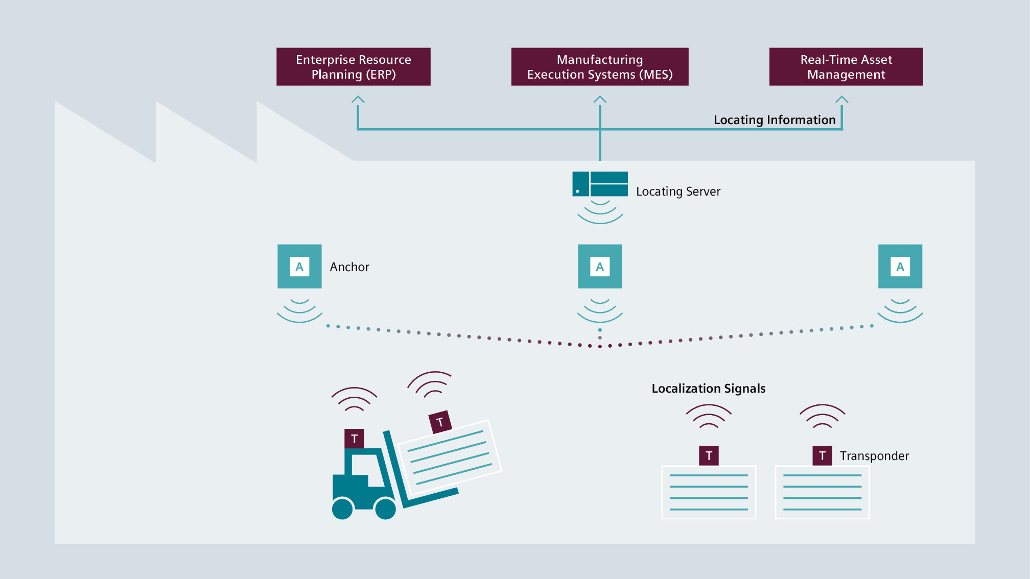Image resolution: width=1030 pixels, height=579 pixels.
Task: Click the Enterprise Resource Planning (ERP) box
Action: coord(353,67)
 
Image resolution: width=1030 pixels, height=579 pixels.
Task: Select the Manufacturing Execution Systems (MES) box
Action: coord(599,67)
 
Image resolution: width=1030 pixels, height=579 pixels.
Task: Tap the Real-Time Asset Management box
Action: coord(846,67)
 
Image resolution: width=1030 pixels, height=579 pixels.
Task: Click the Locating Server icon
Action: coord(600,184)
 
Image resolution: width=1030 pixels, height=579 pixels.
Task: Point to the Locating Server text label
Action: coord(678,191)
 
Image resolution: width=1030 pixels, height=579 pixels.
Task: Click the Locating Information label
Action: coord(774,120)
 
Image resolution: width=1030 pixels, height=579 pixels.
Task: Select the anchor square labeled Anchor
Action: coord(299,267)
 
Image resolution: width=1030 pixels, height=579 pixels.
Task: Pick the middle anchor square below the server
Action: coord(600,267)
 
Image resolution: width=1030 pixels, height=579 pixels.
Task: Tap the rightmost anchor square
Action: coord(900,267)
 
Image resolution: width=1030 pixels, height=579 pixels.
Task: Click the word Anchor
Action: coord(349,267)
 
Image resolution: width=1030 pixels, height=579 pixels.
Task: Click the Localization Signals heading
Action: coord(708,389)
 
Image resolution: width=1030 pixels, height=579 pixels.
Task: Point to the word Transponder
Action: coord(874,456)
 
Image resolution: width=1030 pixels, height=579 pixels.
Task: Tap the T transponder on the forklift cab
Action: coord(354,439)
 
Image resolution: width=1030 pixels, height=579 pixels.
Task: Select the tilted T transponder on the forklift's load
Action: coord(440,422)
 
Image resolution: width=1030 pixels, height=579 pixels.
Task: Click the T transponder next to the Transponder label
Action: coord(822,455)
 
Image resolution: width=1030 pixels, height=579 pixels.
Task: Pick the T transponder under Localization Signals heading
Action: coord(709,455)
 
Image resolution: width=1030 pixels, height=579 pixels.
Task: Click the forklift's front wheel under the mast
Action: coord(385,509)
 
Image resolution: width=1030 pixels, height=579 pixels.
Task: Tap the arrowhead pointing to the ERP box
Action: coord(358,99)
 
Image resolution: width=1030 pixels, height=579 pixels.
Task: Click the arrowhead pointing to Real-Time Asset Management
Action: coord(841,99)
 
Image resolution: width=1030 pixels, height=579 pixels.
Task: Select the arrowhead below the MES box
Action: coord(600,99)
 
